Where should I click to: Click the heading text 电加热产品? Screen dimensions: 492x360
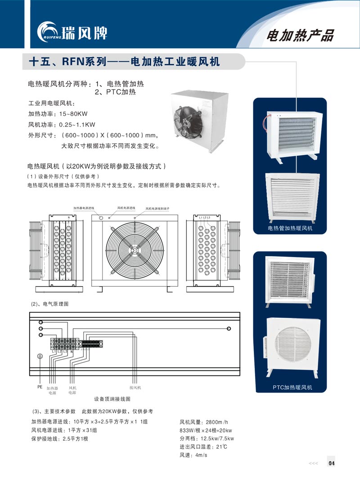[300, 36]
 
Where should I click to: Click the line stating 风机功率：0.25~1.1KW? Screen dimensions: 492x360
[62, 124]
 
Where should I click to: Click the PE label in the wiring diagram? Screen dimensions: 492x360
[39, 386]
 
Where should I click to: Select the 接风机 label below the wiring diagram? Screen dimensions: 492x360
[135, 388]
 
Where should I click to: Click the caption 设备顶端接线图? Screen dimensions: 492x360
[112, 399]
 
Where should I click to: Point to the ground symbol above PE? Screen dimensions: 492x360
[40, 356]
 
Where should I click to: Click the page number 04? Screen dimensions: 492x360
[332, 463]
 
